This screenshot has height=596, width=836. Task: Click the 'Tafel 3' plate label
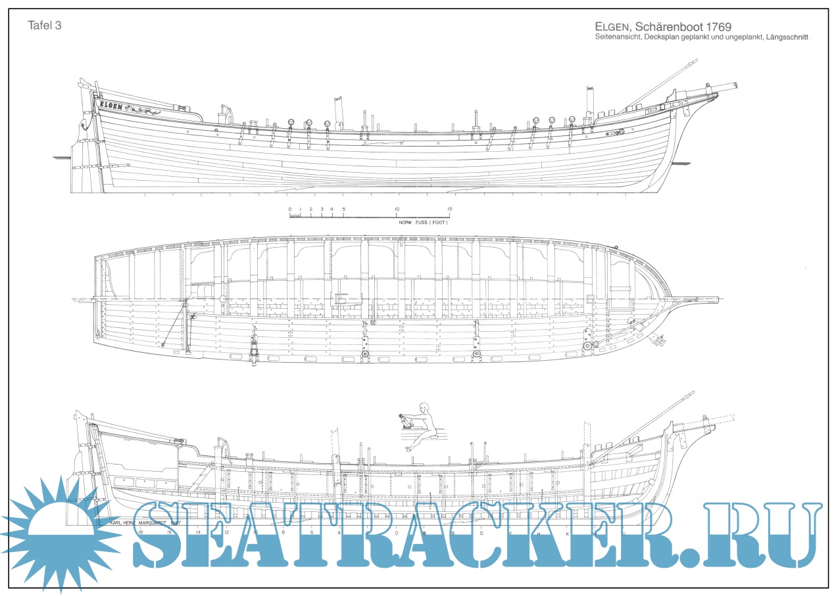coord(45,25)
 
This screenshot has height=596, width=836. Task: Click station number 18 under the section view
coord(140,532)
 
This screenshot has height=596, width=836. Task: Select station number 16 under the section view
coord(169,532)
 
